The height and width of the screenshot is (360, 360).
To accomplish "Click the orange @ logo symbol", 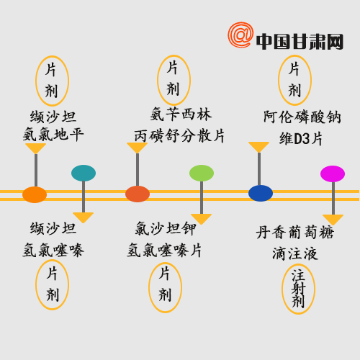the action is point(240,35).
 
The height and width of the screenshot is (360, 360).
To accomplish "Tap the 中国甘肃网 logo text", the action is point(300,42).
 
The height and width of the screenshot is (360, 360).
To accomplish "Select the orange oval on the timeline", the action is point(35,194).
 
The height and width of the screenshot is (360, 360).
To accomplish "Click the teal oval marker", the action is point(84,173).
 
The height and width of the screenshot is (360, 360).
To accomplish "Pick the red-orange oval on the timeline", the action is point(138,194).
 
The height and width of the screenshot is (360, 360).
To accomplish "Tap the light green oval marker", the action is point(202,173).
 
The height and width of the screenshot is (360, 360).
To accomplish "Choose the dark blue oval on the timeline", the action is point(261,193).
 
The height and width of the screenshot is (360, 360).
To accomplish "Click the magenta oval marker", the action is point(333,174).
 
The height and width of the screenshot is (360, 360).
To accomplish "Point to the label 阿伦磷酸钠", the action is point(302,117).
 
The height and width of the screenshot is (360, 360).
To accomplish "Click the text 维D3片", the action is point(301,139).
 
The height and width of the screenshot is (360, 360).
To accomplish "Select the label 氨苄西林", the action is point(181,114).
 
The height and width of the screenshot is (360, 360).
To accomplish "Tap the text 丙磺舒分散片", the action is point(179,136).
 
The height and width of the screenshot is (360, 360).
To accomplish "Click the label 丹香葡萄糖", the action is point(295,233).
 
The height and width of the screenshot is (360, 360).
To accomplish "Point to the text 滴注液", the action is point(295,254).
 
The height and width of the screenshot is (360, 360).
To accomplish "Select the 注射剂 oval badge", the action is point(298,289).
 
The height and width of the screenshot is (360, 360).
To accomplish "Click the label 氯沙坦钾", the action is point(166,228).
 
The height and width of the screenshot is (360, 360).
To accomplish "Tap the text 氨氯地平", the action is point(53,134).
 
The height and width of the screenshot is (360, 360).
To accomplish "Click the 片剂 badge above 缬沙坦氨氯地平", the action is point(53,81).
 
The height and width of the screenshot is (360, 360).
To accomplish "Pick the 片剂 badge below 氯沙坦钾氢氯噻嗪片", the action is point(165,287).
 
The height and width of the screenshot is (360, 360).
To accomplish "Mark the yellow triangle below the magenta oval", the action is point(333,220).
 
